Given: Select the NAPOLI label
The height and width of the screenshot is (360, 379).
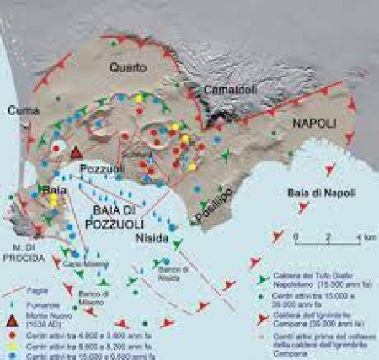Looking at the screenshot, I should coord(314,123).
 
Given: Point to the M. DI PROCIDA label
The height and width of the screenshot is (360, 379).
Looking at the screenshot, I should coord(24,250).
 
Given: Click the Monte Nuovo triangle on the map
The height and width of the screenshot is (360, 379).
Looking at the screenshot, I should coord(76,152).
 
